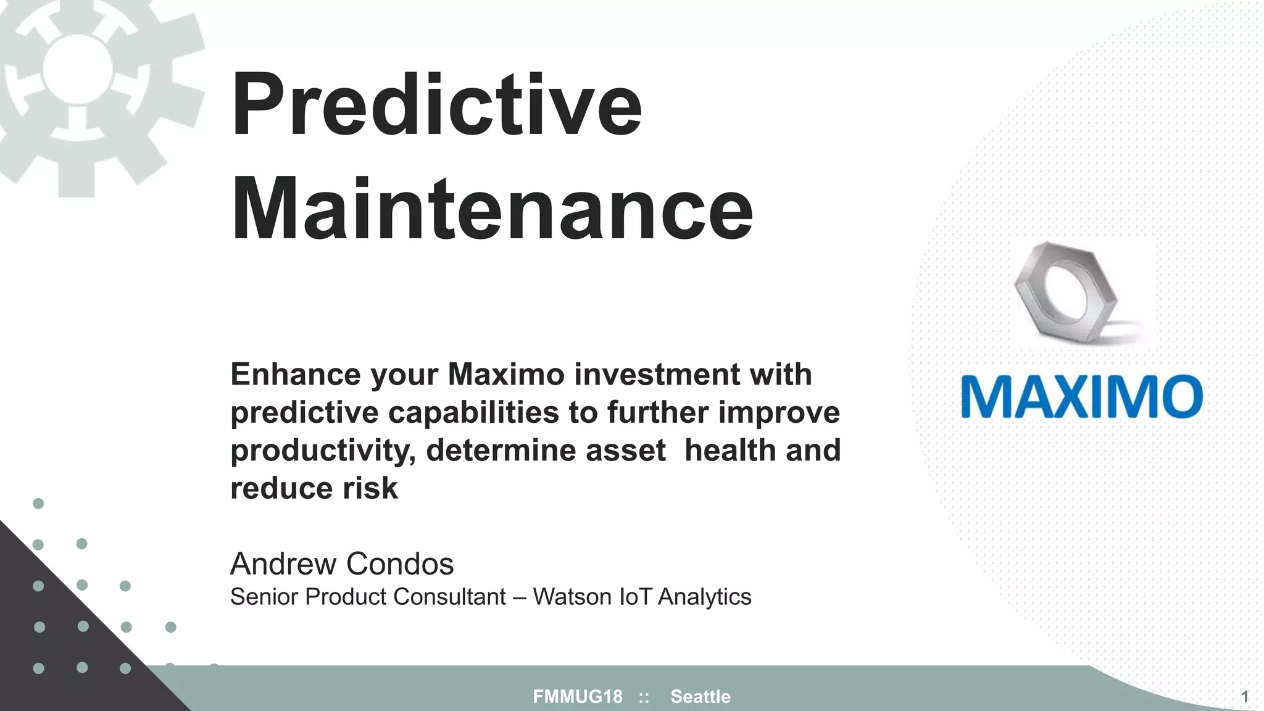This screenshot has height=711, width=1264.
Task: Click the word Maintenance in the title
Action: pos(491,210)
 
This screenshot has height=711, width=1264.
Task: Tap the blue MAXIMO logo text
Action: pos(1081,396)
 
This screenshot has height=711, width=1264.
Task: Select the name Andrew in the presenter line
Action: pos(284,563)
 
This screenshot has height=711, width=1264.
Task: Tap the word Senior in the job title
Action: pos(264,597)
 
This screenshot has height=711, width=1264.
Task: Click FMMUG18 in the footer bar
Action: pos(578,697)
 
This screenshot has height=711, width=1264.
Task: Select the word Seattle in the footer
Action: pos(701,697)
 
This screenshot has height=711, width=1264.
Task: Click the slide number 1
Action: pos(1244,697)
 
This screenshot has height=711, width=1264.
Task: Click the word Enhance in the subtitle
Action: pos(296,374)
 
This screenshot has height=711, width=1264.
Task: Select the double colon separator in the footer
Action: pos(644,697)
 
